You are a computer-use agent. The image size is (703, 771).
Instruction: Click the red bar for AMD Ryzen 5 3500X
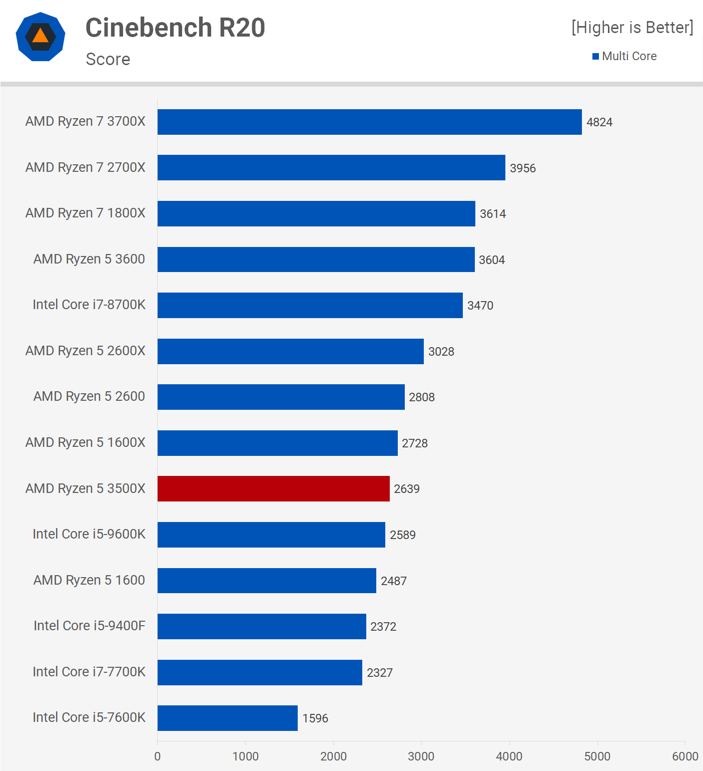(273, 488)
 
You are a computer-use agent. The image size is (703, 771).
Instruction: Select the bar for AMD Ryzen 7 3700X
(369, 122)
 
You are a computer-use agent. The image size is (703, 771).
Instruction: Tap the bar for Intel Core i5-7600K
(227, 718)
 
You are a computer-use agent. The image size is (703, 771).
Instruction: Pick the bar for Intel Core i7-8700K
(310, 305)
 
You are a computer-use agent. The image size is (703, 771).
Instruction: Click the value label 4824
(599, 122)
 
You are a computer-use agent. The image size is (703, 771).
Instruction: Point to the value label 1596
(315, 718)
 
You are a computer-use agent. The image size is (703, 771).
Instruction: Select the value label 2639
(406, 489)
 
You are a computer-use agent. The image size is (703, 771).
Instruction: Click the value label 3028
(441, 352)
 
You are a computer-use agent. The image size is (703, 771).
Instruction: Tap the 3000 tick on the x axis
(421, 756)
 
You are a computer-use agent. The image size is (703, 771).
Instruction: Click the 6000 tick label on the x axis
(684, 756)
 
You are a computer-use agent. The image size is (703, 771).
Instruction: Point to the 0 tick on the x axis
(158, 756)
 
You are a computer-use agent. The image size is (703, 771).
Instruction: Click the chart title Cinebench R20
(175, 28)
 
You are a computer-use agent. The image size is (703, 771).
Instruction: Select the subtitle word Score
(108, 59)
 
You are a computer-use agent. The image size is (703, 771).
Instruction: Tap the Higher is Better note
(632, 28)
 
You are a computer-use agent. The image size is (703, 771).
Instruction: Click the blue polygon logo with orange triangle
(41, 37)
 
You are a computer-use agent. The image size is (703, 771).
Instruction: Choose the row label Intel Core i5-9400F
(89, 626)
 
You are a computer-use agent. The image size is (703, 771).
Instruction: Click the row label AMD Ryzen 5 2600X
(85, 351)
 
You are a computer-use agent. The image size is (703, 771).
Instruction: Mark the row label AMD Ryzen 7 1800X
(85, 213)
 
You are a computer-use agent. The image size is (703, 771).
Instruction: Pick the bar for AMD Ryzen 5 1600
(267, 581)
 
